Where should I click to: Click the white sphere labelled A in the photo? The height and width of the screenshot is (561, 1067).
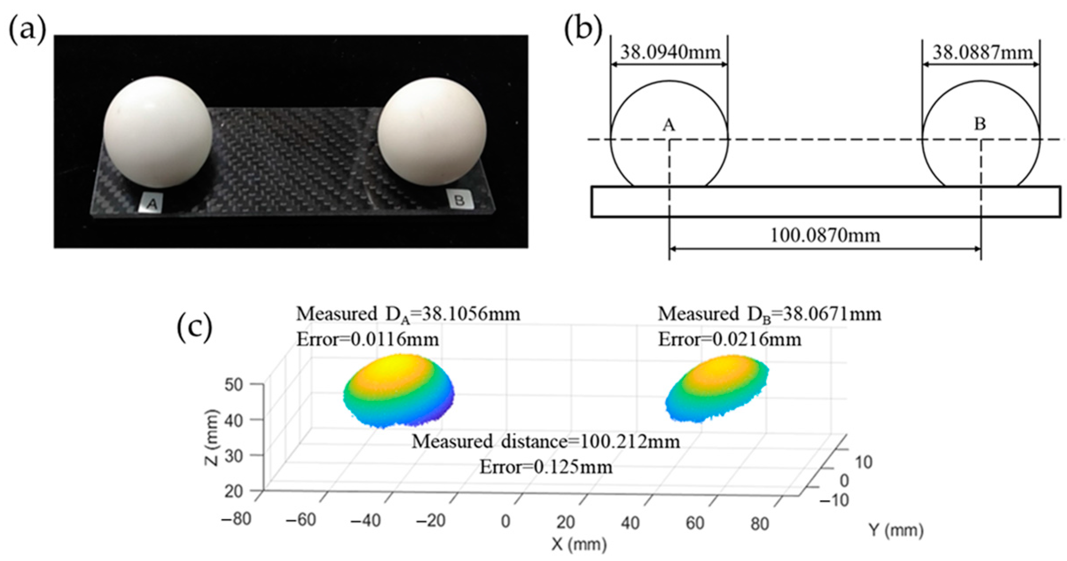coord(158,132)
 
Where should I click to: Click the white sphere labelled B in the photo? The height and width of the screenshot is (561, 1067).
coord(432,132)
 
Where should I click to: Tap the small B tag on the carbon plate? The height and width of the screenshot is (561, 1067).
coord(459,200)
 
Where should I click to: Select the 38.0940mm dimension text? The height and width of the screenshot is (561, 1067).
coord(670,53)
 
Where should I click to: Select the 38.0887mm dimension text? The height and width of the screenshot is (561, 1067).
coord(982,53)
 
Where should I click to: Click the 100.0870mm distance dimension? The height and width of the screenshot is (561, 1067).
coord(825,235)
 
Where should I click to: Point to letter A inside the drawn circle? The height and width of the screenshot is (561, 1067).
coord(668,125)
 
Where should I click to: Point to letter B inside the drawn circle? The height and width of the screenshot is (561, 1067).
coord(980,124)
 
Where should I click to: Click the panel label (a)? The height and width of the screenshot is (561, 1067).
coord(27,31)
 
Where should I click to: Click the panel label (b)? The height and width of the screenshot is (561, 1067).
coord(583,31)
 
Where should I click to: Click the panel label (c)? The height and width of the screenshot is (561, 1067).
coord(194,327)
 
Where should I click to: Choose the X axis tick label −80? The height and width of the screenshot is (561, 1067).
coord(236,518)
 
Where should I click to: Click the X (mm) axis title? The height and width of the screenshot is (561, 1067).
coord(579,544)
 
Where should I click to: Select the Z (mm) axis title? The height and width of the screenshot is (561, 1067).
coord(212,438)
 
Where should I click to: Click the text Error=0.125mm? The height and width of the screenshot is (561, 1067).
coord(546,467)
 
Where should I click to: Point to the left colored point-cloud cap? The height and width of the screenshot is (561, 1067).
coord(398,390)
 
